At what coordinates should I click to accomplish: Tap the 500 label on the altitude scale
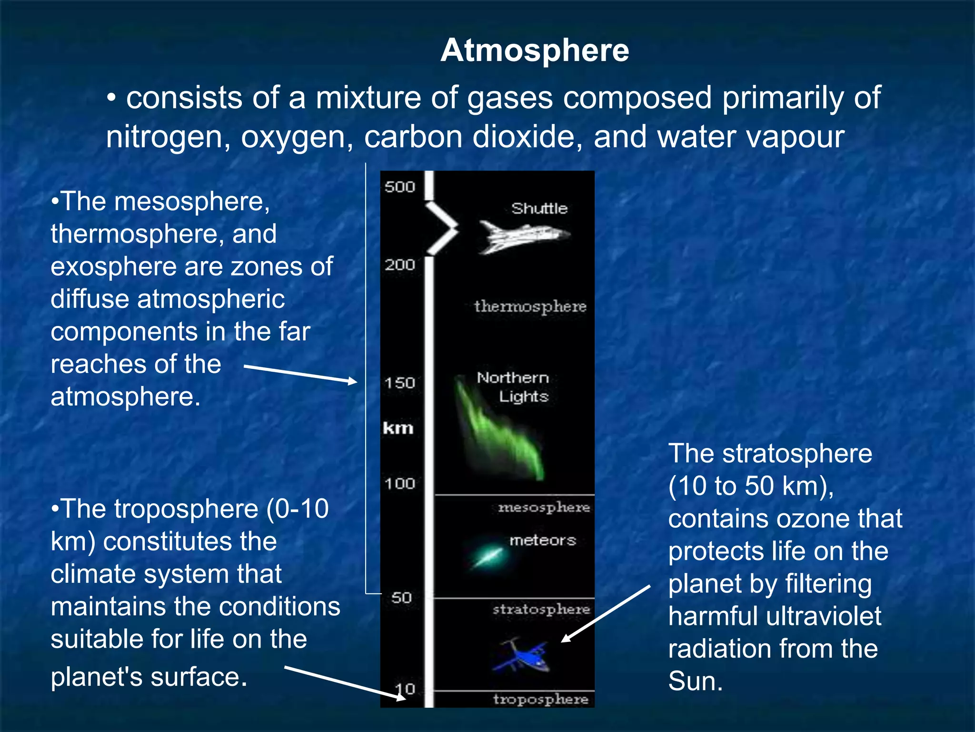[399, 187]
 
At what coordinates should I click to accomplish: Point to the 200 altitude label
[399, 264]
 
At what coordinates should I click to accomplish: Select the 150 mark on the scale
[399, 383]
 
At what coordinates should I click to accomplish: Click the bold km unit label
[398, 428]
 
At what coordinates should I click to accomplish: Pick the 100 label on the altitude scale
[399, 484]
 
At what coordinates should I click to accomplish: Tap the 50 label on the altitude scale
[401, 597]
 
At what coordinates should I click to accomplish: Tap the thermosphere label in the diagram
[530, 306]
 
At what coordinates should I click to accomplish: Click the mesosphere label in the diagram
[544, 508]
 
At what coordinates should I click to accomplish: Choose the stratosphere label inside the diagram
[541, 609]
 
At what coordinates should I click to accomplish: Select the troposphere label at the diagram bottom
[540, 699]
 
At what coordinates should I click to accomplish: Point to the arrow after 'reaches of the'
[300, 374]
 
